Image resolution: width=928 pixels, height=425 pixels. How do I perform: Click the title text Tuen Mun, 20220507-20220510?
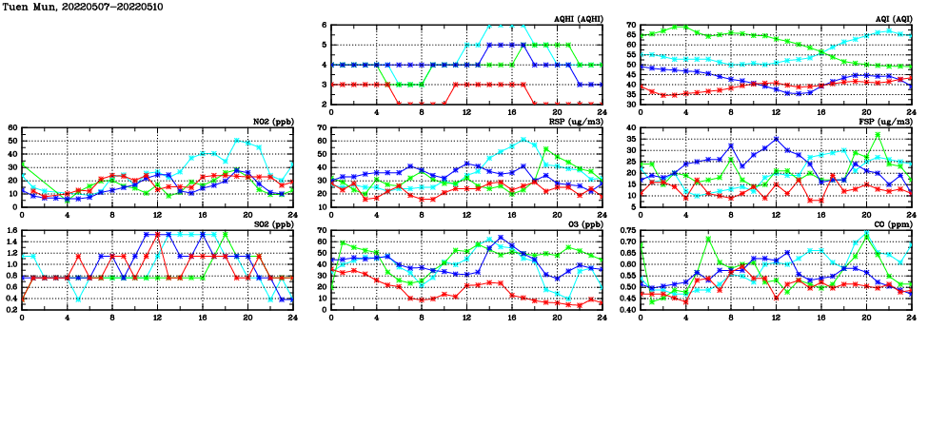tap(72, 7)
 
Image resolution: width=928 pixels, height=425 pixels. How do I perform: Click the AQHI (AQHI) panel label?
tap(579, 19)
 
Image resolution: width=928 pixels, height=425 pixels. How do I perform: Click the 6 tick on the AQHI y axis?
tap(324, 26)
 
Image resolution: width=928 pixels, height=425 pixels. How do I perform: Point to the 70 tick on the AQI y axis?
tap(630, 26)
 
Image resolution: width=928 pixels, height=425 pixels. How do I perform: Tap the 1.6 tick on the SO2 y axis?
tap(11, 231)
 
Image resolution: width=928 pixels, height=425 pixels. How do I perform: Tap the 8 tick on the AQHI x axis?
tap(422, 112)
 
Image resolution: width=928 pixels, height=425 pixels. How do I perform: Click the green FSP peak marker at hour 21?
tap(878, 134)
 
